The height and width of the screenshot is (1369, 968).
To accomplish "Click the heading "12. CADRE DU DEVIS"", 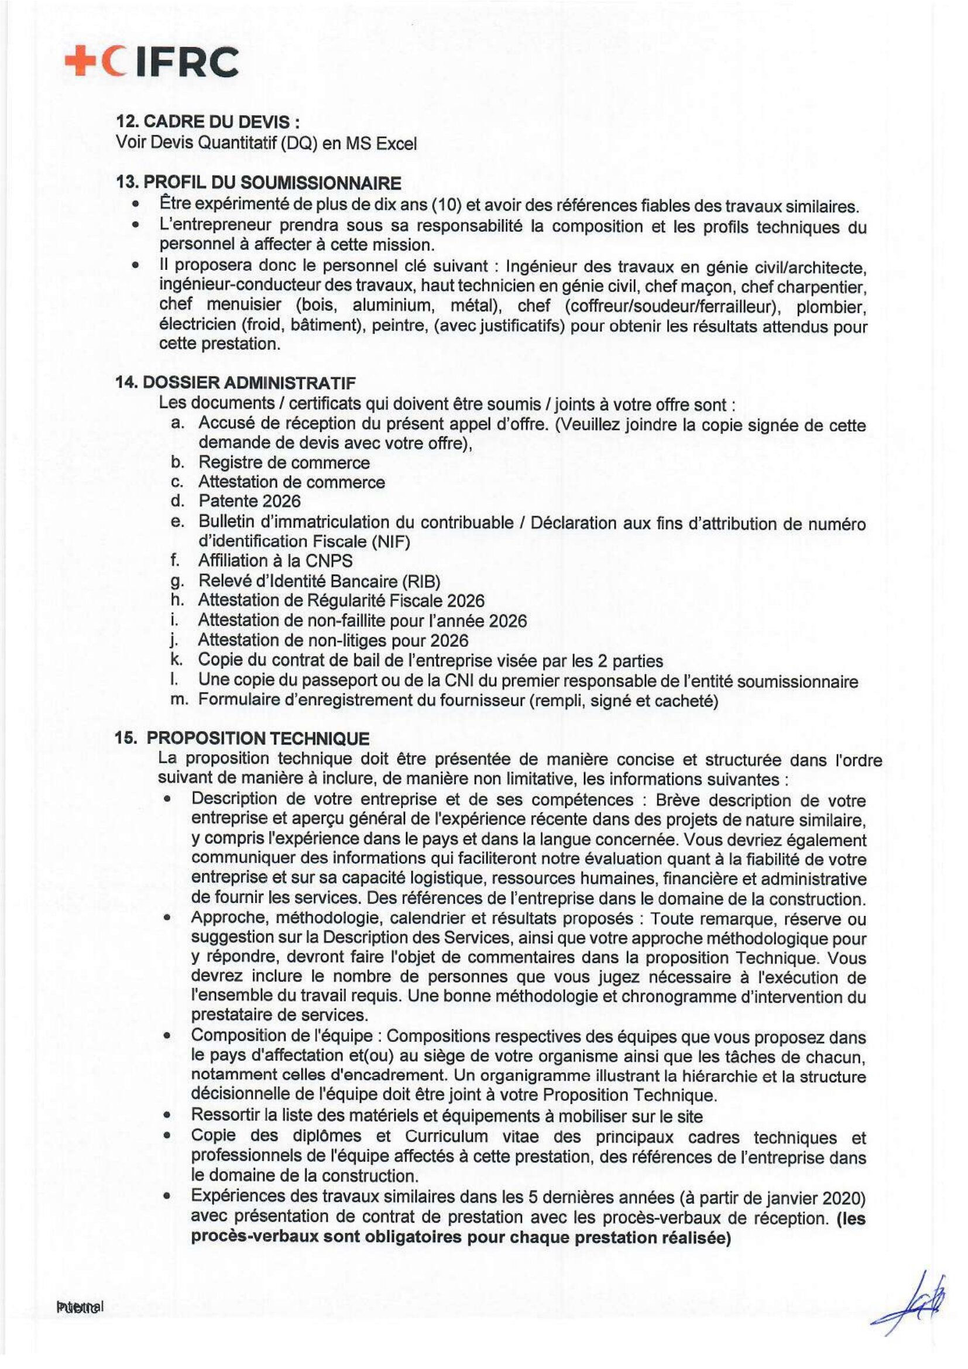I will [x=207, y=122].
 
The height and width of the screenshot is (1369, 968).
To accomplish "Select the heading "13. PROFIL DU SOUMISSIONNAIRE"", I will [x=258, y=183].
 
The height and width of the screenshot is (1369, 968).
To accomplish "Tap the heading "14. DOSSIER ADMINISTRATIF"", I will [x=236, y=382].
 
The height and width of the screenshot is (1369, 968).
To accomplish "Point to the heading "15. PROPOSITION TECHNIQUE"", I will [x=243, y=738].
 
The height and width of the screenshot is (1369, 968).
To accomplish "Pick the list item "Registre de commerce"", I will [x=284, y=463].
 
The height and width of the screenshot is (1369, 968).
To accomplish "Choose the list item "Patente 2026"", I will [x=249, y=501].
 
